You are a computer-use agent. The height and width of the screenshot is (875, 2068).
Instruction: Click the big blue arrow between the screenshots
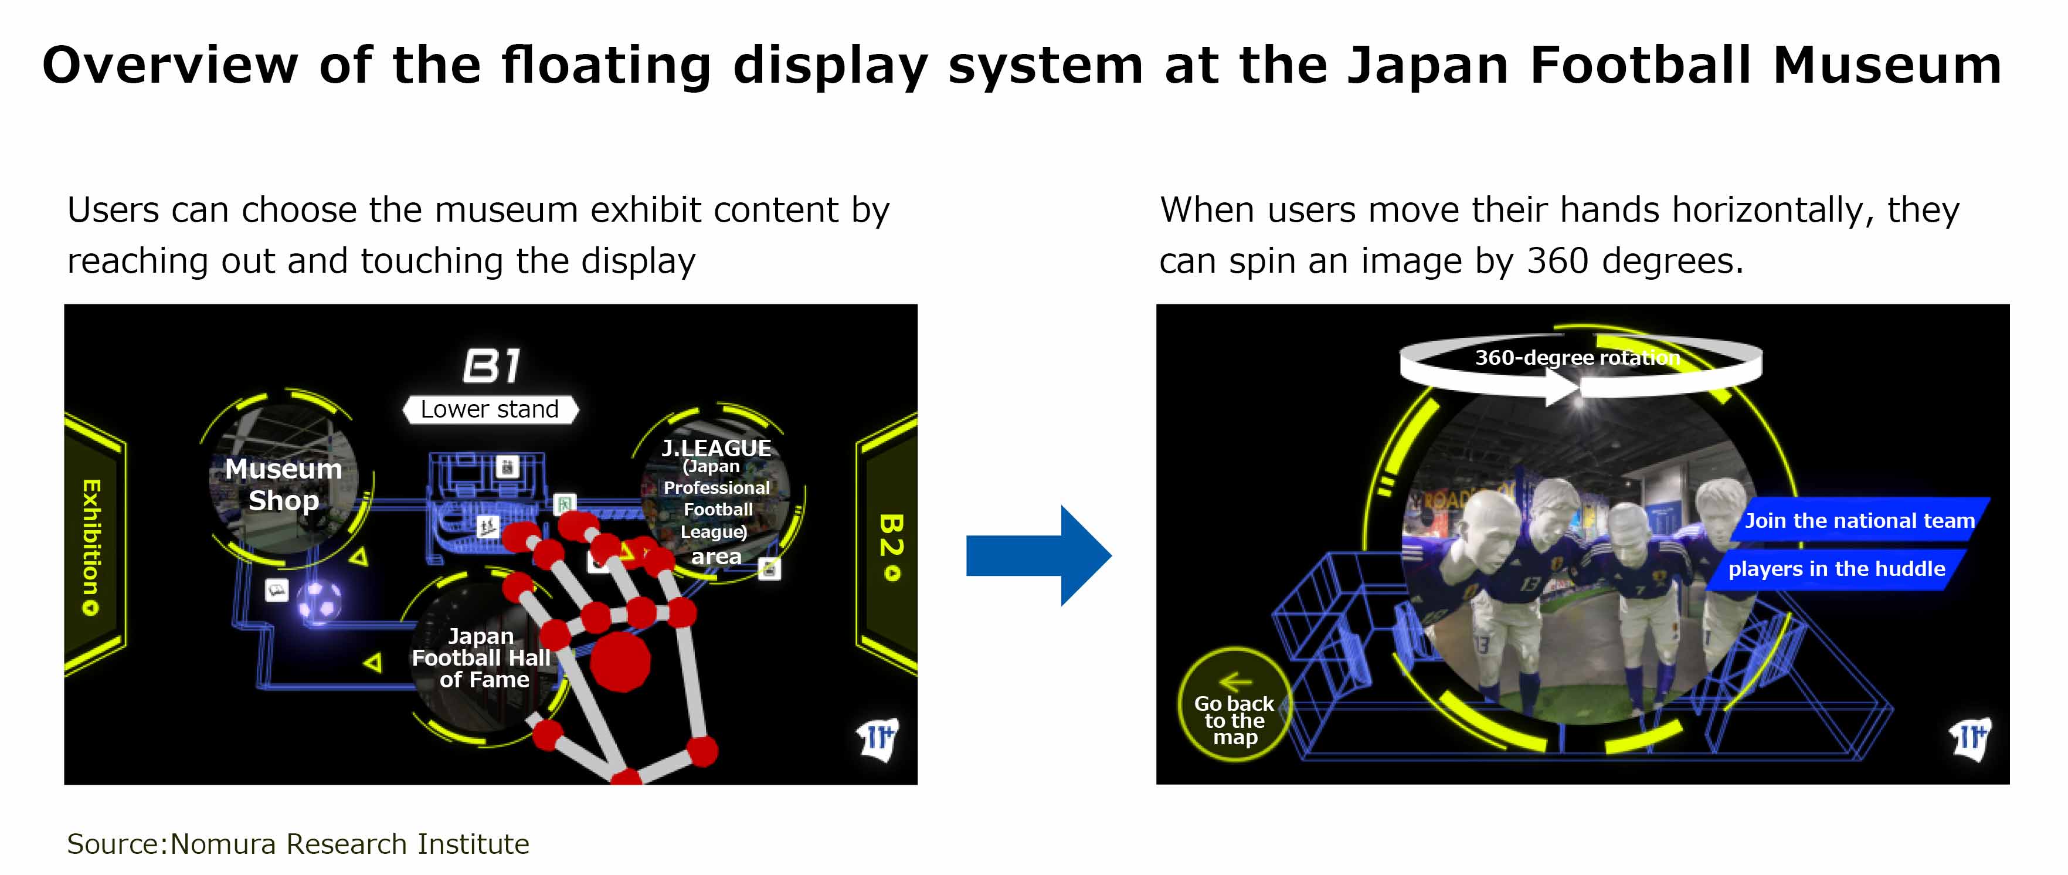pyautogui.click(x=1039, y=555)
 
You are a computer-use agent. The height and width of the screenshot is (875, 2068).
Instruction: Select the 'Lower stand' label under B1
pyautogui.click(x=490, y=409)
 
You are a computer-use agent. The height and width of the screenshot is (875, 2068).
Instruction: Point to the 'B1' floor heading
pyautogui.click(x=492, y=366)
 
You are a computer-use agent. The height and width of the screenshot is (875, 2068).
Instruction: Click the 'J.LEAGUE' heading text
pyautogui.click(x=716, y=448)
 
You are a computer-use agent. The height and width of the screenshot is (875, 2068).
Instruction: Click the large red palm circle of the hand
pyautogui.click(x=620, y=661)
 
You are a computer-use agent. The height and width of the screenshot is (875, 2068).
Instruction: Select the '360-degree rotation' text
pyautogui.click(x=1577, y=357)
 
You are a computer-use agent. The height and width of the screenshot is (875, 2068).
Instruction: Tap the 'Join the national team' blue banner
pyautogui.click(x=1859, y=520)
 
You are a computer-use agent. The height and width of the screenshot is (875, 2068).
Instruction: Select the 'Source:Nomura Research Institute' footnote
pyautogui.click(x=298, y=844)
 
